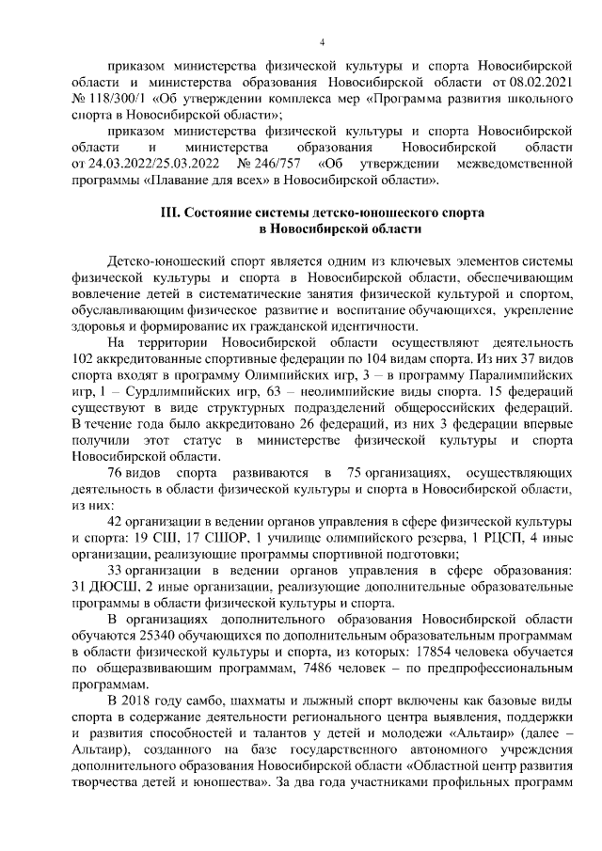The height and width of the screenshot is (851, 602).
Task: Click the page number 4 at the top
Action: pos(322,42)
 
